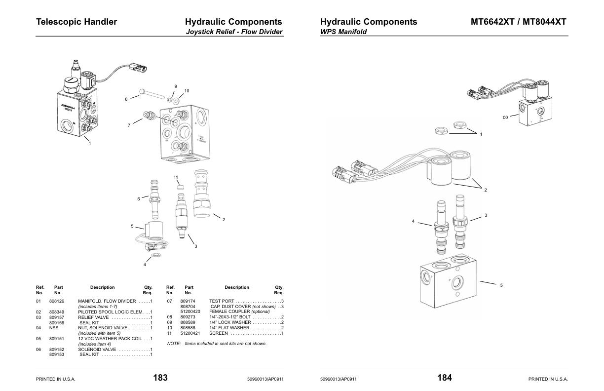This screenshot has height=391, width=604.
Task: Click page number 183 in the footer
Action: tap(160, 378)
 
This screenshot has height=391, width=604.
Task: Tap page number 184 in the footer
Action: tap(444, 378)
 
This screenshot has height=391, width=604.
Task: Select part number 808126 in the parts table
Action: tap(57, 301)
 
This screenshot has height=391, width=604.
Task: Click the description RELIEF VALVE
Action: tap(93, 317)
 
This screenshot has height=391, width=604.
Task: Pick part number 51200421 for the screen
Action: tap(190, 333)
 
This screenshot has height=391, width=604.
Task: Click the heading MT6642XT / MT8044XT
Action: tap(518, 22)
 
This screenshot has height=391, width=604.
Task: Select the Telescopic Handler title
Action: tap(76, 22)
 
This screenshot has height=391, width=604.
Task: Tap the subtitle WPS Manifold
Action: tap(343, 32)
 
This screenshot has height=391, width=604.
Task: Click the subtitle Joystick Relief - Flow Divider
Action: tap(234, 32)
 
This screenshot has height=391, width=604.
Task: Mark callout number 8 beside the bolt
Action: tap(126, 99)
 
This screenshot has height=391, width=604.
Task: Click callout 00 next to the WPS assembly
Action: tap(505, 117)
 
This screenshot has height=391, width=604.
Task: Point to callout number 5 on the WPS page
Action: tap(501, 285)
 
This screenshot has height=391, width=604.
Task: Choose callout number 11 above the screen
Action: tap(176, 177)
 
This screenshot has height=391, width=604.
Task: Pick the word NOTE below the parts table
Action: tap(174, 344)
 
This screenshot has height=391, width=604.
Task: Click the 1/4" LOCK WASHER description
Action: tap(229, 322)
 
